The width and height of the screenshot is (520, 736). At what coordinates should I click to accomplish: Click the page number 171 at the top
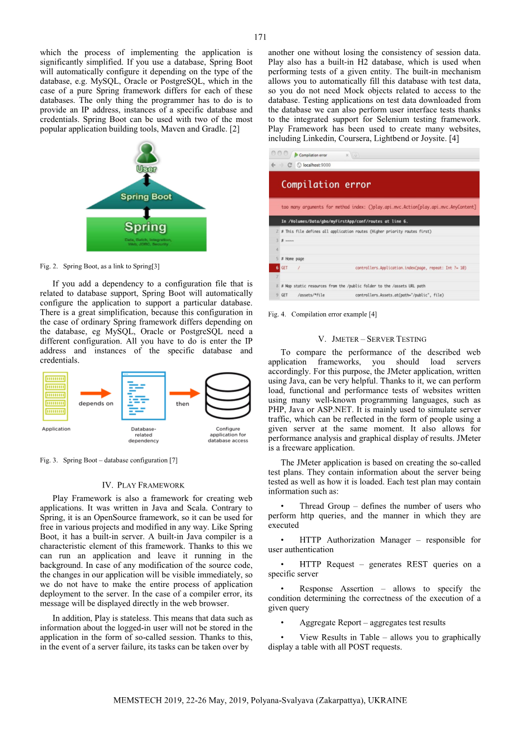tap(260, 37)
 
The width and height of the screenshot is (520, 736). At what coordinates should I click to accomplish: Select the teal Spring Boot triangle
tap(146, 197)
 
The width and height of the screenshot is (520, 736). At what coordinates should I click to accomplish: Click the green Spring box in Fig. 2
tap(146, 233)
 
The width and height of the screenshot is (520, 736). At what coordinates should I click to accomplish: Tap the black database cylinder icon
tap(227, 396)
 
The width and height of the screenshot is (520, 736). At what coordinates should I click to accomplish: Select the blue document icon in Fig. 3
tap(144, 395)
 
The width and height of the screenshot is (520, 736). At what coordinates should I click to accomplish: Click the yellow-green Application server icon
tap(56, 396)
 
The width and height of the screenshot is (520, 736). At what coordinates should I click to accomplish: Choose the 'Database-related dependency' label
tap(144, 435)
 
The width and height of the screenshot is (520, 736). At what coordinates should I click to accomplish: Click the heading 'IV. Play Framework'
tap(143, 485)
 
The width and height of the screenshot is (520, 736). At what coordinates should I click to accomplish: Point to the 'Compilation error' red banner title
tap(326, 184)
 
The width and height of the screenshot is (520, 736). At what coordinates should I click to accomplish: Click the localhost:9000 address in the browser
tap(317, 165)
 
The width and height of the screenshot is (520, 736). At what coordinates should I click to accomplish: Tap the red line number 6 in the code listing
tap(277, 268)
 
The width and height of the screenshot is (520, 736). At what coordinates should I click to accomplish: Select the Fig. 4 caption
tap(322, 314)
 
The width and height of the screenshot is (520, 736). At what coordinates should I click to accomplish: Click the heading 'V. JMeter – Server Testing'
tap(372, 339)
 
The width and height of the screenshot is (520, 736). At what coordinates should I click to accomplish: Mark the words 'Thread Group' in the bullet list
tap(325, 506)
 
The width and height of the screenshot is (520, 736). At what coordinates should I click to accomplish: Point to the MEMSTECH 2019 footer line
tap(260, 701)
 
